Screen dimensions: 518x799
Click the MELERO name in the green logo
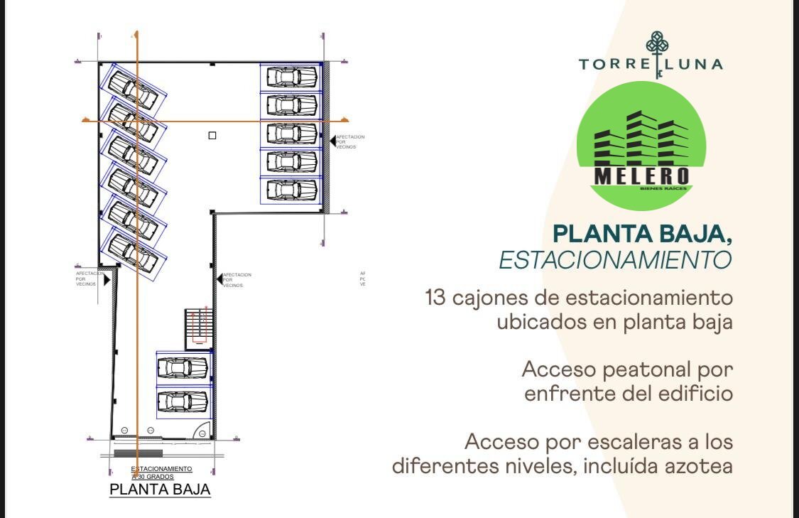pos(641,175)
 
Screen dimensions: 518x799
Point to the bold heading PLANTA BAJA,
pos(642,233)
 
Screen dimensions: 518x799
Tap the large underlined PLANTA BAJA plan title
pos(160,490)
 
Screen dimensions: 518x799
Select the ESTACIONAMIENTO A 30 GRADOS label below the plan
pos(161,473)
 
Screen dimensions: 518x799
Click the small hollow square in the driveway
pos(212,136)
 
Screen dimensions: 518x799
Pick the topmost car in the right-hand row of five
pos(291,77)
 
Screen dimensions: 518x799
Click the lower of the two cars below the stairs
pos(183,401)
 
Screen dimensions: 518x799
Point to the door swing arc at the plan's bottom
pos(202,432)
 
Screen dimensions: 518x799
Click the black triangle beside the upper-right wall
pos(332,141)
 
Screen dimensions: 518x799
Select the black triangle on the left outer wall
pos(107,280)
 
